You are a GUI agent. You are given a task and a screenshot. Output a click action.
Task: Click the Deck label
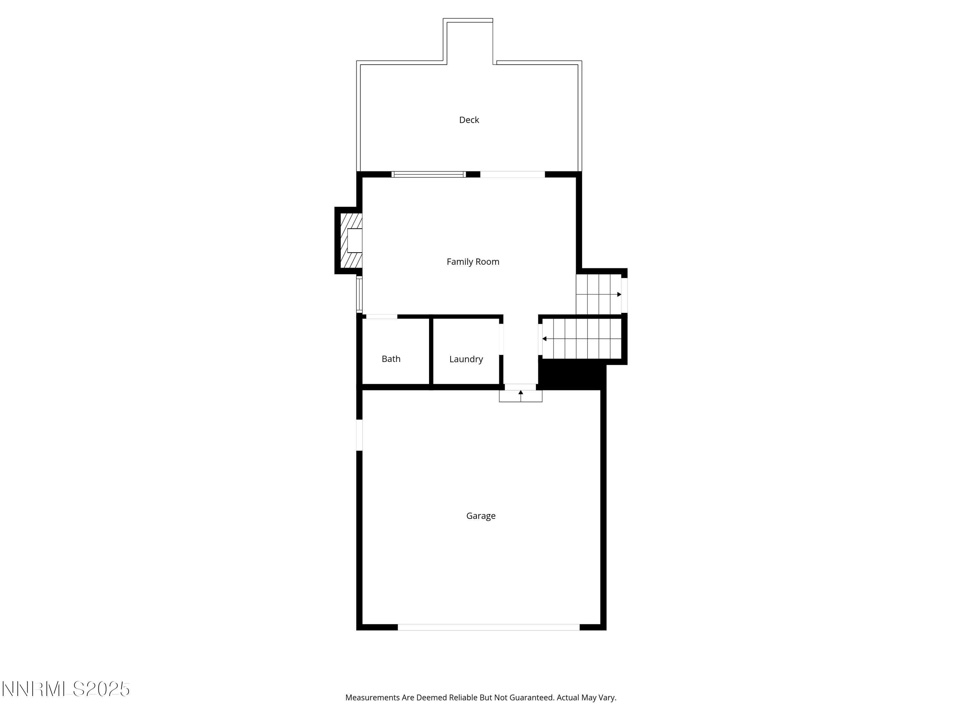pyautogui.click(x=469, y=120)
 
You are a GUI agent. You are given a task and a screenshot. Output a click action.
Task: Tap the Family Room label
pyautogui.click(x=473, y=262)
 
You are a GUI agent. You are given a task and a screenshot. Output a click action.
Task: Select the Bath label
pyautogui.click(x=391, y=359)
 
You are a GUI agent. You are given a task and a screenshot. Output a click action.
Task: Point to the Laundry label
pyautogui.click(x=466, y=359)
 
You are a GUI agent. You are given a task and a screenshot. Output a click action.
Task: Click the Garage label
pyautogui.click(x=481, y=516)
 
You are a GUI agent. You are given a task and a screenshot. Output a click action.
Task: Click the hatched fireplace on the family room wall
pyautogui.click(x=350, y=241)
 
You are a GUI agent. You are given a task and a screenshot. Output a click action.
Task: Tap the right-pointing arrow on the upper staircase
pyautogui.click(x=619, y=295)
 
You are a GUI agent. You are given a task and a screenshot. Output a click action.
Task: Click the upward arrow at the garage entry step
pyautogui.click(x=520, y=392)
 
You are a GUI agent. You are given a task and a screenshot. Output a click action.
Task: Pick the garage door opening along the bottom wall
pyautogui.click(x=488, y=627)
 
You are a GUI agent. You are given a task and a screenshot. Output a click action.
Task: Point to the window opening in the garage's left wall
pyautogui.click(x=359, y=435)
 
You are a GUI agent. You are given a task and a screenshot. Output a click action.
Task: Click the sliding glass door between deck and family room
pyautogui.click(x=428, y=175)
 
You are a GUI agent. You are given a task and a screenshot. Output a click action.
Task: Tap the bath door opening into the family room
pyautogui.click(x=381, y=317)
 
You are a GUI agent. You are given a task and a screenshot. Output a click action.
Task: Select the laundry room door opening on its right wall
pyautogui.click(x=501, y=339)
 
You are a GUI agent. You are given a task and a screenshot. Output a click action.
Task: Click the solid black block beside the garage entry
pyautogui.click(x=572, y=374)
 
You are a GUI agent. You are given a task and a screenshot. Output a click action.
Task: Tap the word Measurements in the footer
pyautogui.click(x=372, y=698)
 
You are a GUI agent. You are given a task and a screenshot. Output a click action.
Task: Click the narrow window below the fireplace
pyautogui.click(x=359, y=295)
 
